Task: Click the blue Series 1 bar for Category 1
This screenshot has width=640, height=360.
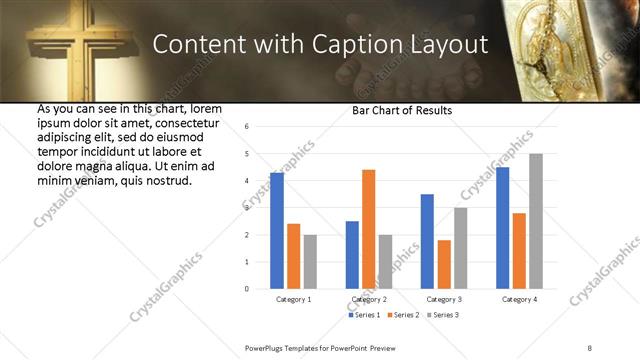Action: coord(277,231)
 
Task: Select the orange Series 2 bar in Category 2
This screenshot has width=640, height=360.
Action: coord(368,229)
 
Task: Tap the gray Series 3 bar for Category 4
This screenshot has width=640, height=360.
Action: coord(536,221)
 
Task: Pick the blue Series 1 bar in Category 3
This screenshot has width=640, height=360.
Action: coord(427,241)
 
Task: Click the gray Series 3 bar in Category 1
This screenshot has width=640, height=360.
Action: coord(310,262)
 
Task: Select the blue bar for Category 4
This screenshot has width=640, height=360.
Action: coord(503,228)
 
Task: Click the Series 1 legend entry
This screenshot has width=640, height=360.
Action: coord(365,315)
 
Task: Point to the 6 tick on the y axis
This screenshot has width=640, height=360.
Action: coord(246,127)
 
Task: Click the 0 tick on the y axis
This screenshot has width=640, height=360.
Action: coord(246,289)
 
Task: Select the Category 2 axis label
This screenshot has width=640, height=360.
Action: coord(368,299)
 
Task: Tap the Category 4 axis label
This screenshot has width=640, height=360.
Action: coord(519,299)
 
